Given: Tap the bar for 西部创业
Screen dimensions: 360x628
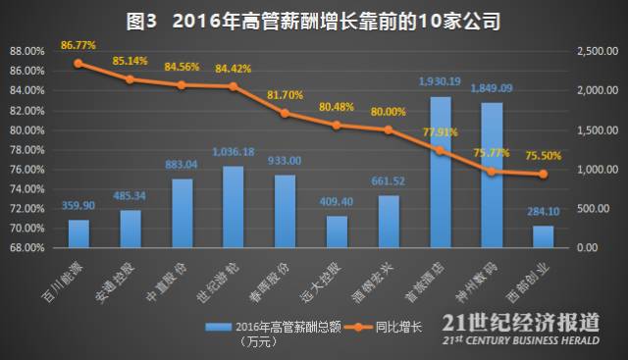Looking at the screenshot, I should (x=543, y=236).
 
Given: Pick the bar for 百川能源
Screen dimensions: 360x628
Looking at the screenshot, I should (x=78, y=233).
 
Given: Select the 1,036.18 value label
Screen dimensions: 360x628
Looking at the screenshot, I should (x=233, y=152).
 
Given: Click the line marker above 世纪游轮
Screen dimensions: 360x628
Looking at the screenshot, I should (x=233, y=86).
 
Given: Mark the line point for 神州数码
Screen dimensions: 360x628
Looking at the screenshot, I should (x=492, y=171).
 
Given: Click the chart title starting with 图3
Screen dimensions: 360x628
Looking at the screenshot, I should (x=313, y=19).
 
